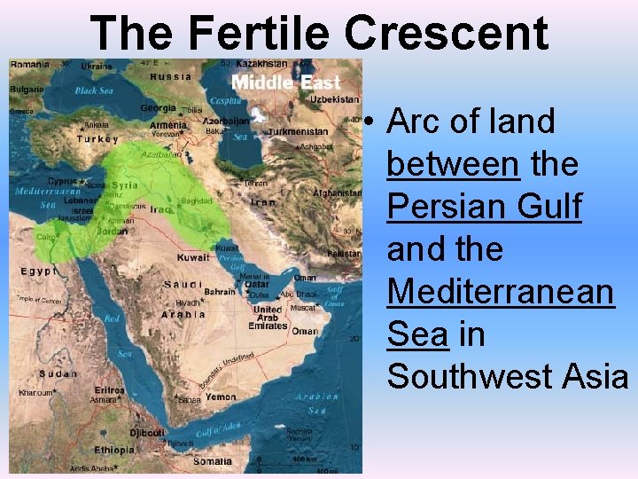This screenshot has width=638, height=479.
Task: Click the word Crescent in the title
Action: point(447,33)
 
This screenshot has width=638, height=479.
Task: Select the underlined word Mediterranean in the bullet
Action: point(501,291)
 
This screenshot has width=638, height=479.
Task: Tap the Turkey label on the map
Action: point(97,139)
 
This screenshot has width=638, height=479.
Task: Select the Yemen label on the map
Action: point(221,397)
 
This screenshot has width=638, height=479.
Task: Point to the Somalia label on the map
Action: point(213,460)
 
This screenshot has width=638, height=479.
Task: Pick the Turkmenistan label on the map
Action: point(298,132)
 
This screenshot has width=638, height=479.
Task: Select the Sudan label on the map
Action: point(33,373)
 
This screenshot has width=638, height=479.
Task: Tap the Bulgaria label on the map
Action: point(27,90)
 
